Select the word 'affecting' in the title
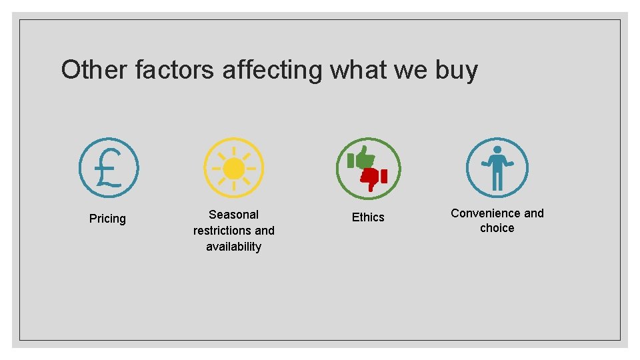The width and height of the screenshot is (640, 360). pos(271,70)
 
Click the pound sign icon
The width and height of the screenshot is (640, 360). pos(109,168)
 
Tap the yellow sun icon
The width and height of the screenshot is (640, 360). pos(233,168)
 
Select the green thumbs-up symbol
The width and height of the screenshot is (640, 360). pos(361,159)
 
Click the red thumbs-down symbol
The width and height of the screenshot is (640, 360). pos(374,177)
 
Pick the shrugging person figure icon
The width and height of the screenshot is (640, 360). pos(497,168)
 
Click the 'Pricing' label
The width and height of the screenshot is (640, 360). pos(107,219)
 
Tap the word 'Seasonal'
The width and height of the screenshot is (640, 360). pos(233,215)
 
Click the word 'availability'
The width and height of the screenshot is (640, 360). pos(233,247)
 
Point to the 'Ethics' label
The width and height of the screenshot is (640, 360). pos(368,217)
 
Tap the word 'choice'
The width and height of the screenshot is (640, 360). pos(497,228)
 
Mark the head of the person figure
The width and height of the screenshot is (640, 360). pos(497,151)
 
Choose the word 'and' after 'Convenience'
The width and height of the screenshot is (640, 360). pos(533,213)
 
